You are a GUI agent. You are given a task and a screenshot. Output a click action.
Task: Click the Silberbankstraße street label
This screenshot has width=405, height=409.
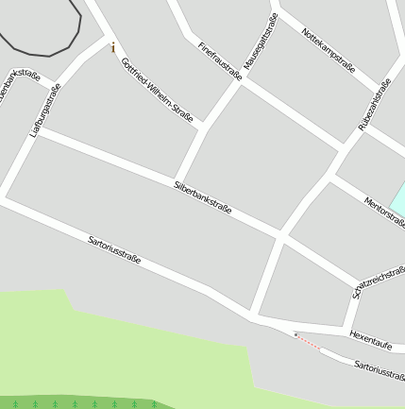click(203, 197)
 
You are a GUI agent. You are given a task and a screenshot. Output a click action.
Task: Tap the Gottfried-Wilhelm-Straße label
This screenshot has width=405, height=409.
click(157, 91)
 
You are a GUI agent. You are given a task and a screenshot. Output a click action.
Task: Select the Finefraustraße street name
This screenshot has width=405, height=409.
click(220, 60)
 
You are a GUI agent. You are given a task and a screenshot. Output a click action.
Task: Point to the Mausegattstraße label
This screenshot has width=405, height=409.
click(261, 43)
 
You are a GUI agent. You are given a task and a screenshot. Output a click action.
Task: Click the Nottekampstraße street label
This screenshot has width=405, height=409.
click(328, 50)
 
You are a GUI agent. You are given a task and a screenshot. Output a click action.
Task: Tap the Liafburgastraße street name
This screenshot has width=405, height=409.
click(45, 111)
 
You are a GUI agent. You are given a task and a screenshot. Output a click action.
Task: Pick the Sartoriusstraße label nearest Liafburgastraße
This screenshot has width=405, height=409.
click(114, 249)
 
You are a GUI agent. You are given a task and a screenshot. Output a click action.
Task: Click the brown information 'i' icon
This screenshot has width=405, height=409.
click(113, 47)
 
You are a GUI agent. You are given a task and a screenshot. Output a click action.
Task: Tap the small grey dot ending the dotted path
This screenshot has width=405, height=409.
click(295, 334)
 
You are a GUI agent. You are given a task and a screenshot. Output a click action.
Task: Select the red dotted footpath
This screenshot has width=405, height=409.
click(309, 343)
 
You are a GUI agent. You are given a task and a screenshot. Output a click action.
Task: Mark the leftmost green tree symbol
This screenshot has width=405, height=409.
click(16, 404)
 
